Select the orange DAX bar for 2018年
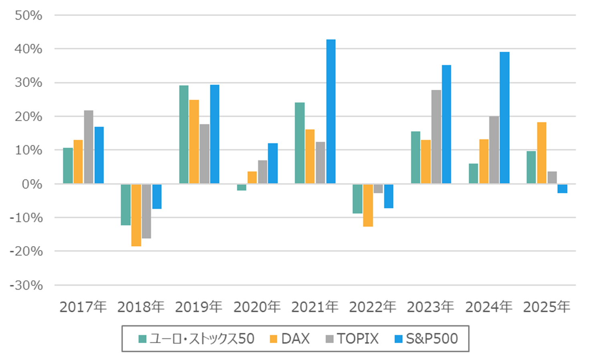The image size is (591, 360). point(136,215)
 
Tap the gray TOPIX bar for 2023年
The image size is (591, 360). point(436,137)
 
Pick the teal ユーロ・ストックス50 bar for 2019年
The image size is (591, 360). point(184,134)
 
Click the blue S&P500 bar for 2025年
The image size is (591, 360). point(562,188)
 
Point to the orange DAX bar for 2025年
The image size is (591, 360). point(541,153)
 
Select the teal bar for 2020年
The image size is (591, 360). point(242,187)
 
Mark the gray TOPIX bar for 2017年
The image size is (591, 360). point(89,147)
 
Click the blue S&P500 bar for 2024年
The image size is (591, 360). point(504,118)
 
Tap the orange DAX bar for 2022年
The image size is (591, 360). point(368,205)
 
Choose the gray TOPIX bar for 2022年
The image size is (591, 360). point(378,188)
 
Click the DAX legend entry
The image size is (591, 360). point(290,339)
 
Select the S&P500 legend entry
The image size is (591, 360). point(426,339)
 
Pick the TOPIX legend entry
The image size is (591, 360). point(352,339)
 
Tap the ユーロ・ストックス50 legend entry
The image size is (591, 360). point(196,339)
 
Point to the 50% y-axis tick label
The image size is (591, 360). point(28,15)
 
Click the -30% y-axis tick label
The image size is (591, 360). point(26,285)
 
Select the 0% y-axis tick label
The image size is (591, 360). point(32,184)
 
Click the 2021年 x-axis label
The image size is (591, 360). point(315,307)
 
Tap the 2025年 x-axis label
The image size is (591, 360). point(546,307)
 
